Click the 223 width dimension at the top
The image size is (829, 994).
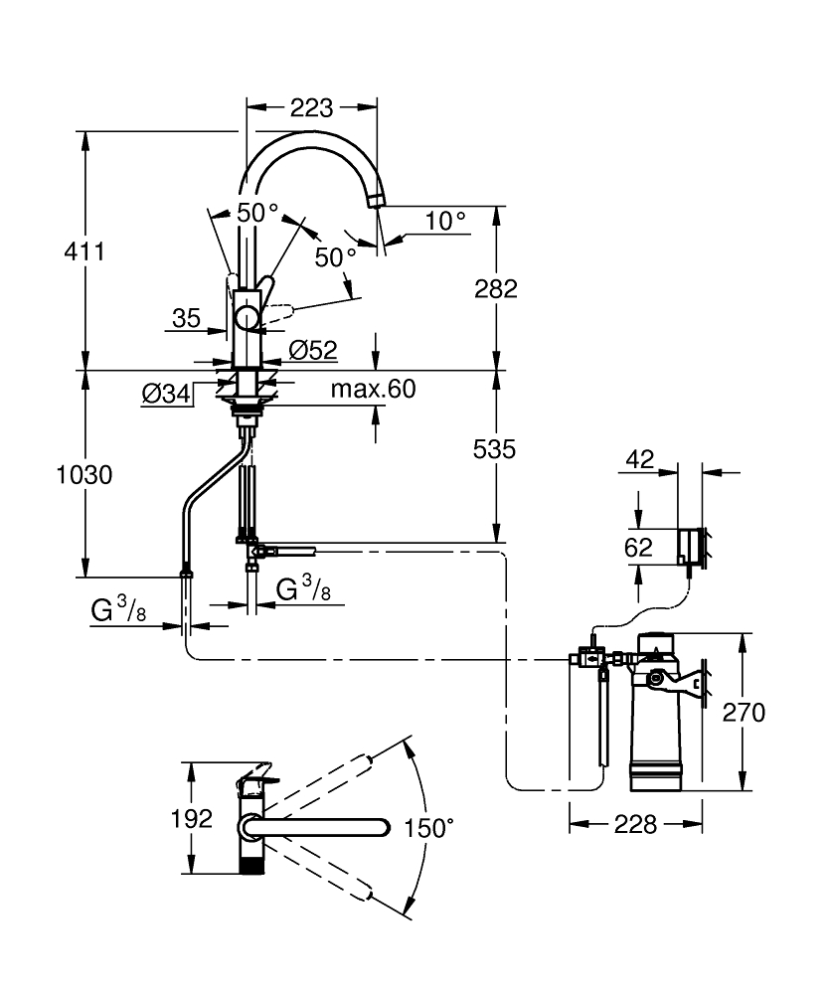click(x=311, y=107)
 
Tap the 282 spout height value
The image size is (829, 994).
click(x=495, y=289)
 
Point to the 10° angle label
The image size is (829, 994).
click(x=445, y=221)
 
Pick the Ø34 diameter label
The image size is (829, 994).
click(x=166, y=394)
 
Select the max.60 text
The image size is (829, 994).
click(x=373, y=389)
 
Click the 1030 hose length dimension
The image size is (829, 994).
click(x=83, y=474)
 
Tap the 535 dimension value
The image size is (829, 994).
click(x=495, y=449)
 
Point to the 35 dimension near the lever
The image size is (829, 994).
click(x=186, y=319)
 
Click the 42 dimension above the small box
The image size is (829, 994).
click(x=641, y=459)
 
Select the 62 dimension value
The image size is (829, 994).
click(x=639, y=547)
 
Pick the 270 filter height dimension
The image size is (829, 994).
click(x=745, y=712)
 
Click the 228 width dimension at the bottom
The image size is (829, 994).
click(x=635, y=824)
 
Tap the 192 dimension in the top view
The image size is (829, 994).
click(x=192, y=819)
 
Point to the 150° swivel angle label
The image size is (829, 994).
click(x=428, y=827)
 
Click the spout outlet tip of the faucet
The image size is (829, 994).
click(x=374, y=202)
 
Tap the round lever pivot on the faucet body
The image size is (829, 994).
click(x=246, y=318)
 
